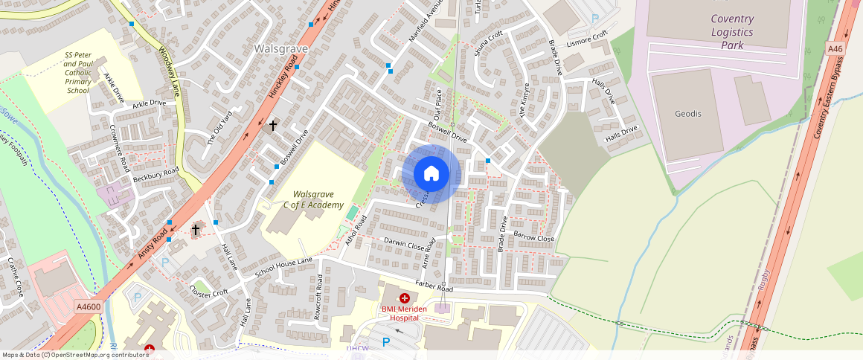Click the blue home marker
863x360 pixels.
pos(431,174)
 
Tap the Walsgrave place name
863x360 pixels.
pos(281,48)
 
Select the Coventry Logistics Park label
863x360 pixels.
pos(731,32)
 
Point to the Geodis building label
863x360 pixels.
pos(688,114)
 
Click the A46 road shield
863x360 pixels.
pos(835,49)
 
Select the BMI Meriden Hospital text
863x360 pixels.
pos(411,313)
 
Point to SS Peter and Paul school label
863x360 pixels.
pos(77,72)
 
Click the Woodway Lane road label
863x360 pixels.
pos(170,73)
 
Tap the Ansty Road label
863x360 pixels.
pos(153,244)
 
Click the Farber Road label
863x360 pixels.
pos(435,287)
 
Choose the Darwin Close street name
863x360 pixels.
pos(404,243)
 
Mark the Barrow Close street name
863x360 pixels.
pos(534,239)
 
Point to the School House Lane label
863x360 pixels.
pos(284,268)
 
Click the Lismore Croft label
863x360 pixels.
pos(587,37)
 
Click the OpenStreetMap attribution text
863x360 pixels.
pos(75,355)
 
